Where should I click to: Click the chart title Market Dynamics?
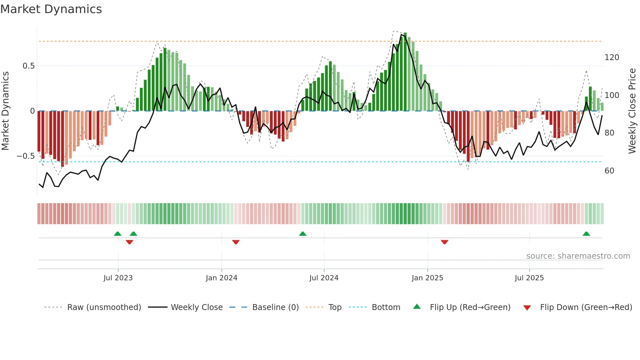(51, 9)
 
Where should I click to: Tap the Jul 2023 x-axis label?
(118, 278)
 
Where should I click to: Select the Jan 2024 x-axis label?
(221, 278)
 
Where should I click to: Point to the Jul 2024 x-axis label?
(324, 278)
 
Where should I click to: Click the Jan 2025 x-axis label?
(427, 278)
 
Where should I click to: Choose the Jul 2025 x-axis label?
(529, 278)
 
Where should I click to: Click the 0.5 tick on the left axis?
(28, 66)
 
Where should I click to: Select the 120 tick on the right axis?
(612, 57)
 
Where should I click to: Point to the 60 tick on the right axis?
(609, 171)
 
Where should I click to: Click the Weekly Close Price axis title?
(632, 111)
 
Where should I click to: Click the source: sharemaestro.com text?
(578, 256)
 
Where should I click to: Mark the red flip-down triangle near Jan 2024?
(236, 242)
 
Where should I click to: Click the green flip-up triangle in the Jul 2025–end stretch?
(586, 234)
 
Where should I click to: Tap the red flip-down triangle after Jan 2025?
(444, 242)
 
